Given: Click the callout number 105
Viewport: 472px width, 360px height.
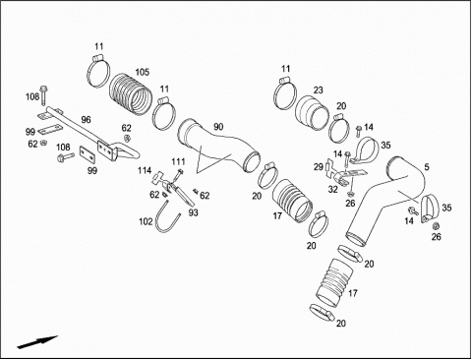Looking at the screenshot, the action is (143, 72).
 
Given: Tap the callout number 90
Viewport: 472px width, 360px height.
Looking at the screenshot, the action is (218, 127).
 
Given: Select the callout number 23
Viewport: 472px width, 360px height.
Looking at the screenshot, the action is (318, 90).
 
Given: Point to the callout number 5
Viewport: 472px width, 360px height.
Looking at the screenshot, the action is (427, 167).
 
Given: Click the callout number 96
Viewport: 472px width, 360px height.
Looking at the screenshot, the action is (86, 120).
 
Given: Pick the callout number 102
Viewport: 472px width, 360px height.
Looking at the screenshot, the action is (146, 222).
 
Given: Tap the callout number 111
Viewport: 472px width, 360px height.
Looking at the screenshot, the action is (178, 161).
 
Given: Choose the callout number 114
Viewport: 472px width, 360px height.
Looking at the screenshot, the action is (145, 170).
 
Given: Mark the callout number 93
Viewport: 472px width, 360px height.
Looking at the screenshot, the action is (194, 212).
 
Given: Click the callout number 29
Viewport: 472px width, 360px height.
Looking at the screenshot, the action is (318, 167).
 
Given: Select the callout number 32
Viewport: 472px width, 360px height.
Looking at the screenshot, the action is (332, 190).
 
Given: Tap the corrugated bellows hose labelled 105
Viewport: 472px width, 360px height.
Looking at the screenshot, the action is (131, 94).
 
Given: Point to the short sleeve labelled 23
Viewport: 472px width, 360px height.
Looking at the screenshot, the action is (312, 113).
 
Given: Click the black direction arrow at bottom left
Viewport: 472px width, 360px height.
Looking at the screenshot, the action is (37, 342).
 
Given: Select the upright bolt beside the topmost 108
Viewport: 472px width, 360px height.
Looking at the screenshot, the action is (43, 95).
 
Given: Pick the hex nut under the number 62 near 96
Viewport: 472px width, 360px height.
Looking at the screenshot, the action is (127, 138).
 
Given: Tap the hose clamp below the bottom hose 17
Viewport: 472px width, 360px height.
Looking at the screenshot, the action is (323, 312).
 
